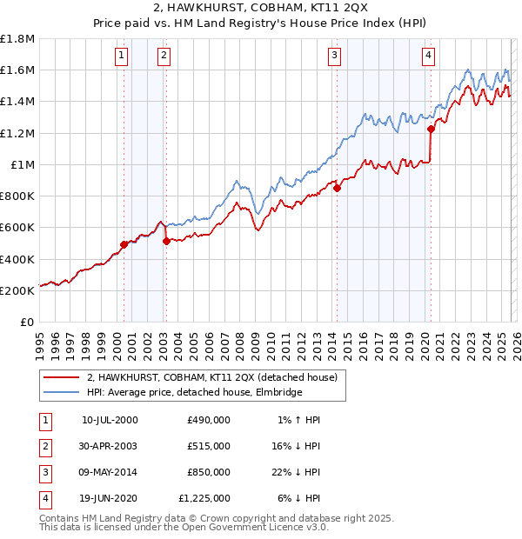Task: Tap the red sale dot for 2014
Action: coord(337,188)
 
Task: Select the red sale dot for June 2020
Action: coord(431,129)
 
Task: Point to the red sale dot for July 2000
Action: coord(124,244)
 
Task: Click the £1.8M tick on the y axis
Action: coord(17,39)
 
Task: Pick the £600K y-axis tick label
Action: coord(17,228)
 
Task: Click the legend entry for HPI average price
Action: coord(193,393)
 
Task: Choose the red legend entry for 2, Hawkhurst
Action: coord(217,377)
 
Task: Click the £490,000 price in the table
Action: coord(208,420)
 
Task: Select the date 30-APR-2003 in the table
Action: coord(110,445)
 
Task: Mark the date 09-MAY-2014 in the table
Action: coord(110,471)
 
